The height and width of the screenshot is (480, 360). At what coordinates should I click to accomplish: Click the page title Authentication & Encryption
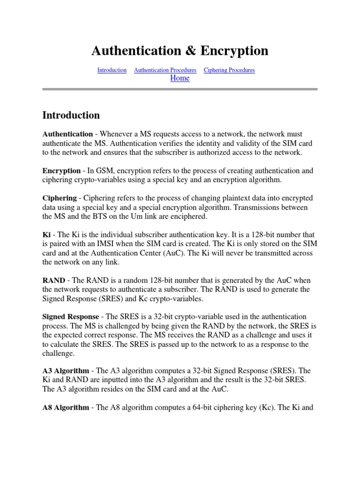180,51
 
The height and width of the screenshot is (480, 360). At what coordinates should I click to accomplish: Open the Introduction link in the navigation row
112,70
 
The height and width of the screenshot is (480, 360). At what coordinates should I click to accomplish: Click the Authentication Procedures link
165,70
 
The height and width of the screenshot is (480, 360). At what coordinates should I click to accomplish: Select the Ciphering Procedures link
229,70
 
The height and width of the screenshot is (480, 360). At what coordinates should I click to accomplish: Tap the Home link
180,78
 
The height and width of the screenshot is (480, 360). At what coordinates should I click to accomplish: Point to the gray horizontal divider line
180,89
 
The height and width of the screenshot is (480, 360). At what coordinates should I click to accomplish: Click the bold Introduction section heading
71,115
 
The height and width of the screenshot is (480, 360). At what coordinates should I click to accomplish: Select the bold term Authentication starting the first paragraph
67,134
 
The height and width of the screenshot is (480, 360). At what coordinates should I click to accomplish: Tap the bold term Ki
46,234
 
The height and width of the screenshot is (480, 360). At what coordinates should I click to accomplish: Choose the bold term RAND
53,280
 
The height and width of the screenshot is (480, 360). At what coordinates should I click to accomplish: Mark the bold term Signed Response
71,317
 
